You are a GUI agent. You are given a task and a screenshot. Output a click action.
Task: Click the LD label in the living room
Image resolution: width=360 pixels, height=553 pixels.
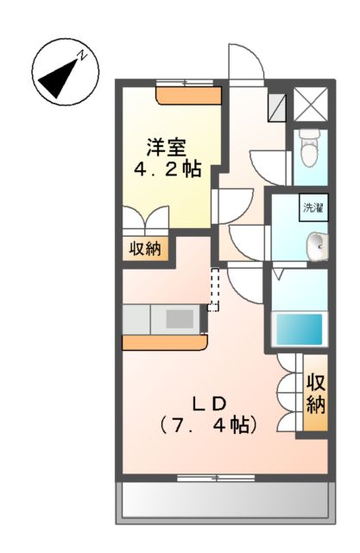tap(209, 402)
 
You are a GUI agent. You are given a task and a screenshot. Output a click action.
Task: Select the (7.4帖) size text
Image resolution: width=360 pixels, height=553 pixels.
tap(208, 424)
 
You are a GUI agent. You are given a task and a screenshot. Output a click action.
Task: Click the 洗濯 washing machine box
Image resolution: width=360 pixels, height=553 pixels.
tap(312, 207)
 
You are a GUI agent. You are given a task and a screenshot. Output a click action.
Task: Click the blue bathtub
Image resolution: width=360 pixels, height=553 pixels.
tap(298, 329)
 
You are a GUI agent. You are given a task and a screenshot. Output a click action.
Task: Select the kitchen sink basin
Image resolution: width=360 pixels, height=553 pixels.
tap(180, 319)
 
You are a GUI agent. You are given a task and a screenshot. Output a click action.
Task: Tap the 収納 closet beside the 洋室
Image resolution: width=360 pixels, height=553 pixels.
tap(145, 249)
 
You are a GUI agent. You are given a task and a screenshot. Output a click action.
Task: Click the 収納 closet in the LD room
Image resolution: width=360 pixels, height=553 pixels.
tap(316, 393)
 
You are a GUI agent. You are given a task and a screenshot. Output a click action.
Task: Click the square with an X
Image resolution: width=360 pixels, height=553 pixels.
tap(310, 105)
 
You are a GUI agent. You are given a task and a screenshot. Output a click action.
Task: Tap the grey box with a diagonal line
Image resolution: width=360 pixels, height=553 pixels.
tap(278, 105)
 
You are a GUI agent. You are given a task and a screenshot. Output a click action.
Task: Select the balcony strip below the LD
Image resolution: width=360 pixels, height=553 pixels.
tap(224, 499)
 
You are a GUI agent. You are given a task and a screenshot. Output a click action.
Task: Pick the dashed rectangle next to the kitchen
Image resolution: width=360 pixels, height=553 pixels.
tap(215, 289)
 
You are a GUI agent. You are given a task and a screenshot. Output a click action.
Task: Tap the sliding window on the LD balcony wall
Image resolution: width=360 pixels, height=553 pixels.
tap(209, 476)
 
